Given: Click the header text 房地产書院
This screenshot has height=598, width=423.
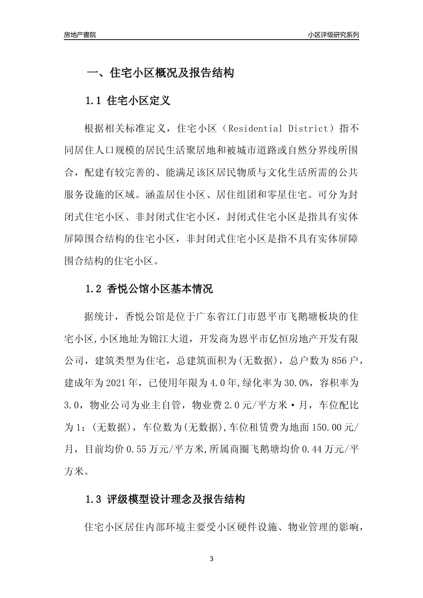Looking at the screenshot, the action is pos(80,35).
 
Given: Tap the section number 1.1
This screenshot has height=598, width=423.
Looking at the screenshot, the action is pos(94,101).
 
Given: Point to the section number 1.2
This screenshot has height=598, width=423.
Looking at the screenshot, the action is pos(94,289).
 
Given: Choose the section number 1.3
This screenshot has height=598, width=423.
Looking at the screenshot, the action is pos(94,499).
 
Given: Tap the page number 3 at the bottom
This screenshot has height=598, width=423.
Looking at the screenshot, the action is pos(211,559).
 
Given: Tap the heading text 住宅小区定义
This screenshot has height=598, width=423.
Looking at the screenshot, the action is pos(139,101).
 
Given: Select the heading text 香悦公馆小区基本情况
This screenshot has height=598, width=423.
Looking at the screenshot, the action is pos(160,289).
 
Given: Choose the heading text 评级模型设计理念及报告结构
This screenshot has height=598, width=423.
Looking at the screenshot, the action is pos(176,499).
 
